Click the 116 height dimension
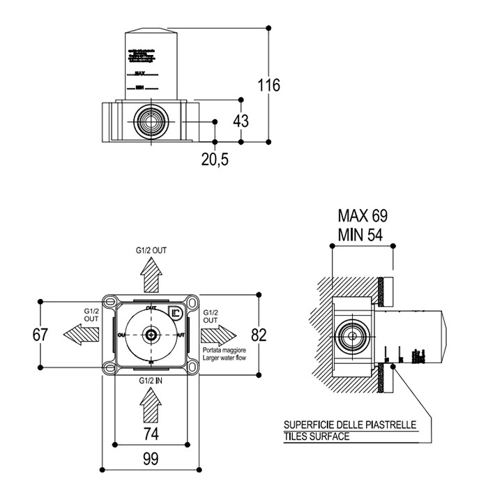coord(268,86)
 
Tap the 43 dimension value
coord(241,121)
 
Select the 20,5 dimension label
coord(215,159)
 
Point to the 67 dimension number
coord(40,335)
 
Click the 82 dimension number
coord(259,335)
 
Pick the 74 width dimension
coord(150,433)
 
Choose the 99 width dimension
coord(150,459)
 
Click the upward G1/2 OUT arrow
coord(151,275)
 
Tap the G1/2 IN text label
coord(151,381)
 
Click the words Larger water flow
coord(224,356)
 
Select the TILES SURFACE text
coord(317,437)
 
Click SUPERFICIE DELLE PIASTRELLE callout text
coord(350,425)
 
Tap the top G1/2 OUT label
coord(151,249)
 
